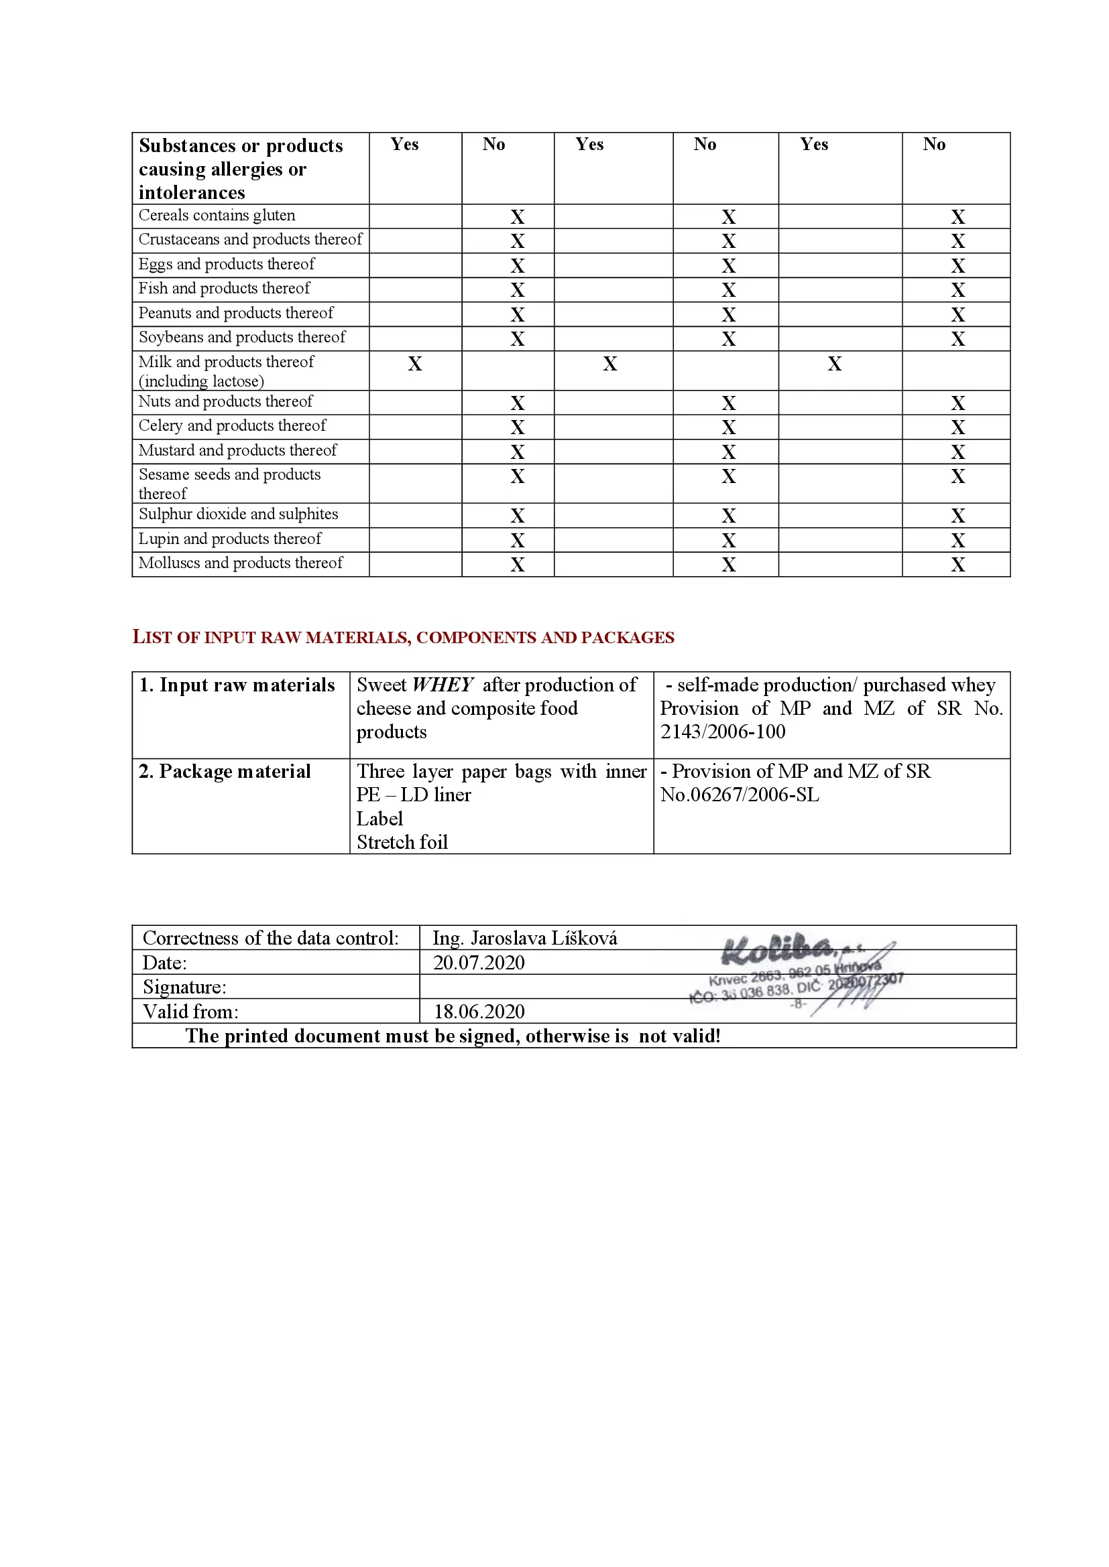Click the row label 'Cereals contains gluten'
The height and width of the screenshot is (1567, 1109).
pyautogui.click(x=217, y=216)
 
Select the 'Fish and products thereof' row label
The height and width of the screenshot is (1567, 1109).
pyautogui.click(x=224, y=289)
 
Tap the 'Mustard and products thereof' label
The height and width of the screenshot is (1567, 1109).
pyautogui.click(x=237, y=450)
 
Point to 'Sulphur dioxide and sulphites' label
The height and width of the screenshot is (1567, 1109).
pyautogui.click(x=238, y=514)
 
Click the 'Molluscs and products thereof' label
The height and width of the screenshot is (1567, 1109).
pyautogui.click(x=241, y=563)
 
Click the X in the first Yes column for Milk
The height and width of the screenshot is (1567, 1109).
pyautogui.click(x=414, y=364)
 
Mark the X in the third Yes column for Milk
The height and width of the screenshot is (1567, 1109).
pyautogui.click(x=835, y=364)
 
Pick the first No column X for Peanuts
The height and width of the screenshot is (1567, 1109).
pyautogui.click(x=518, y=315)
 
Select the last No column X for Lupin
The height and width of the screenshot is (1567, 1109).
pyautogui.click(x=958, y=541)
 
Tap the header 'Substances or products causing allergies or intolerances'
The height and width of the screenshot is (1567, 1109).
pyautogui.click(x=241, y=169)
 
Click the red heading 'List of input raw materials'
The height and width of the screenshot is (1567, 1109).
pyautogui.click(x=403, y=637)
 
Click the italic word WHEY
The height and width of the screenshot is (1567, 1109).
pyautogui.click(x=443, y=685)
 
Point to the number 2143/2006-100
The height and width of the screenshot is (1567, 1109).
pyautogui.click(x=723, y=732)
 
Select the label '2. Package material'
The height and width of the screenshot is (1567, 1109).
pyautogui.click(x=225, y=772)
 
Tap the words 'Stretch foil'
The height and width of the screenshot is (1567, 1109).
pyautogui.click(x=402, y=842)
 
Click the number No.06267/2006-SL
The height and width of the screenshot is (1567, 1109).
pyautogui.click(x=740, y=795)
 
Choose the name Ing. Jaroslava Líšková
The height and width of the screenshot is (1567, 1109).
pyautogui.click(x=524, y=939)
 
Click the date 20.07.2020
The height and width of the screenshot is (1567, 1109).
pyautogui.click(x=479, y=963)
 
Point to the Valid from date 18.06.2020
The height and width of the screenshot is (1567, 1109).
pyautogui.click(x=479, y=1012)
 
